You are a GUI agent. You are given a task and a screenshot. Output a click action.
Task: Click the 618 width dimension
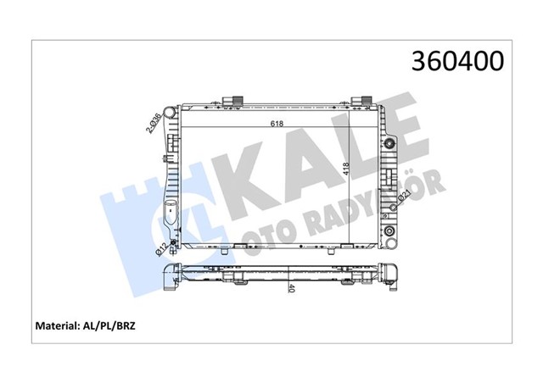277,122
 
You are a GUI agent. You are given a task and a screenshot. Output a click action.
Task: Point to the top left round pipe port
171,111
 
